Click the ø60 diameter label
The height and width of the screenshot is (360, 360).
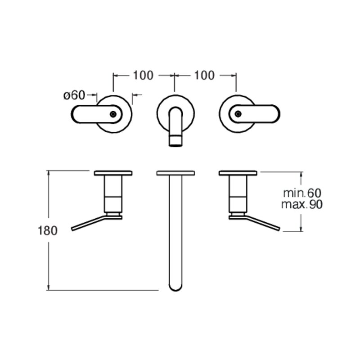click(x=74, y=95)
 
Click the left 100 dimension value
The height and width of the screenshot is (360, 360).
click(x=143, y=75)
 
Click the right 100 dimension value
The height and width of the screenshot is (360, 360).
click(x=204, y=75)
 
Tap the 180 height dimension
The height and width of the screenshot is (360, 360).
click(x=48, y=230)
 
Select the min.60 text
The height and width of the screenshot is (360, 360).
click(x=302, y=193)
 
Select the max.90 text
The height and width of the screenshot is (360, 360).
click(x=302, y=204)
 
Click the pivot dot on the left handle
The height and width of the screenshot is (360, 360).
click(x=113, y=114)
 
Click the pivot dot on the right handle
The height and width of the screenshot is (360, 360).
click(x=238, y=114)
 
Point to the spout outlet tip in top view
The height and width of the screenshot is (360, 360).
click(x=175, y=141)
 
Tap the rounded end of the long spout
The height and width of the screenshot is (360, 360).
click(x=175, y=288)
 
